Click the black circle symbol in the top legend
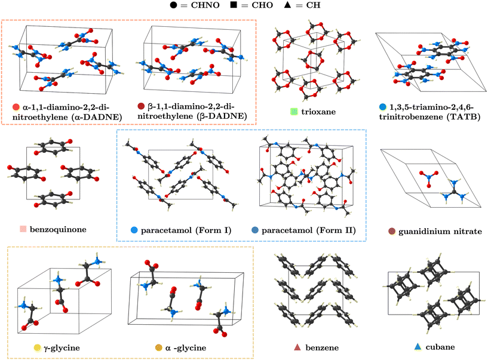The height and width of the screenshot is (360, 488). [x=173, y=5]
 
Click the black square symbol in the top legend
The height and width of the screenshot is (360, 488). [x=234, y=5]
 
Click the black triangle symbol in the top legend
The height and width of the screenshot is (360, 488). [x=287, y=5]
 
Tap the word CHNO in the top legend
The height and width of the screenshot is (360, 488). [x=205, y=5]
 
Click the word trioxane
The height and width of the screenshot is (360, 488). [x=318, y=112]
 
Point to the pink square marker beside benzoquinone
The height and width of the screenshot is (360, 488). [x=23, y=229]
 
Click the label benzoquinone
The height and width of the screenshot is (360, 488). [x=58, y=230]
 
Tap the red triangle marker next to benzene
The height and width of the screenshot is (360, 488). [x=297, y=347]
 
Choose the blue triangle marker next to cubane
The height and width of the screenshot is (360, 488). [x=418, y=347]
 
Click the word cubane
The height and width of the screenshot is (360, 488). [x=440, y=347]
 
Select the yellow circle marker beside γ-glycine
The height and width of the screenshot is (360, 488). [x=38, y=347]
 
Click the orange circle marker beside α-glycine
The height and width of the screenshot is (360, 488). [x=159, y=347]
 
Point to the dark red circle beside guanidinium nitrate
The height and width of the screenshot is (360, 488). [x=392, y=231]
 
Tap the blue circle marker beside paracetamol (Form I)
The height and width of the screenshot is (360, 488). [x=134, y=230]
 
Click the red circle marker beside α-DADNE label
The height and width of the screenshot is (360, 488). [x=16, y=107]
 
